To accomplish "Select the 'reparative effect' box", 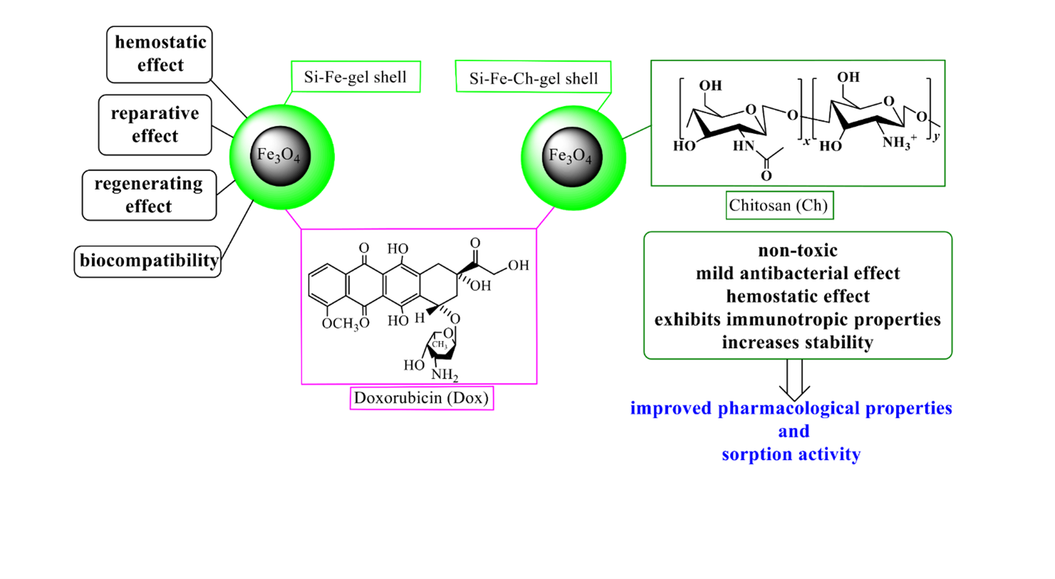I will [x=150, y=124].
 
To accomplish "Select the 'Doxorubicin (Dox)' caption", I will [x=421, y=398].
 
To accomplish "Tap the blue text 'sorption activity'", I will [x=798, y=454].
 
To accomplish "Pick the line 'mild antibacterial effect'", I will [x=798, y=273].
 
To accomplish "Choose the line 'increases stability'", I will [x=798, y=342].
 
